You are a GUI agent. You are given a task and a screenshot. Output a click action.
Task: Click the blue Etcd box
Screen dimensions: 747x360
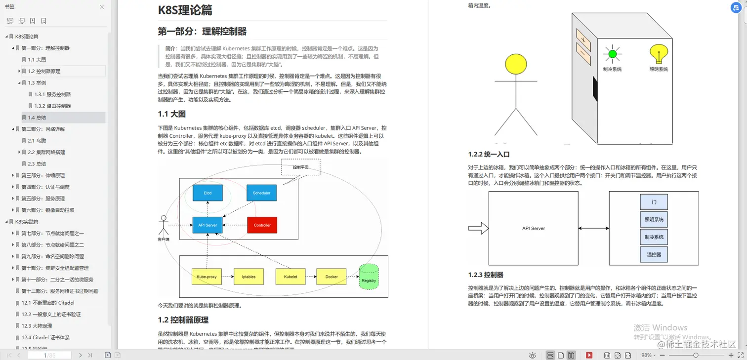207,193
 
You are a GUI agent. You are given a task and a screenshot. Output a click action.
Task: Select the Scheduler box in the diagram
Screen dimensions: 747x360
261,193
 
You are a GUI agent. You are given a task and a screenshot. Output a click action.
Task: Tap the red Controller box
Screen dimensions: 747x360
262,225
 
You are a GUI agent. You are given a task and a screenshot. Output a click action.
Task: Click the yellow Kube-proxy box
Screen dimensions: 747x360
207,277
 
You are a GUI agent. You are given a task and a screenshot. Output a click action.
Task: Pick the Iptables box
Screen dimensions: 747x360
249,277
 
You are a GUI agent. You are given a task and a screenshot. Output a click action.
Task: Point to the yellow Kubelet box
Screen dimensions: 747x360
290,277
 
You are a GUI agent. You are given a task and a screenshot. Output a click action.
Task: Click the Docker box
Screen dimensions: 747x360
332,277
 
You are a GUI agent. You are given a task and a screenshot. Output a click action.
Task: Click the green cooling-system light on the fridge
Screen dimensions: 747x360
613,53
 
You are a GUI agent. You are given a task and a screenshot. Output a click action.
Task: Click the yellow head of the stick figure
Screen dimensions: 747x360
516,64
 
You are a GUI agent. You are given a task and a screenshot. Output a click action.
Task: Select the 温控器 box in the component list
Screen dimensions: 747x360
654,254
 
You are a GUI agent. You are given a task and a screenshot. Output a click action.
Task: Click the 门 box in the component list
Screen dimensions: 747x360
654,202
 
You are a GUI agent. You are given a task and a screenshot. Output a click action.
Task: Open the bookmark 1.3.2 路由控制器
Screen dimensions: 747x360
52,106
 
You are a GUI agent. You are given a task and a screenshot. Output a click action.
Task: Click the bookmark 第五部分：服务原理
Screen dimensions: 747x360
43,199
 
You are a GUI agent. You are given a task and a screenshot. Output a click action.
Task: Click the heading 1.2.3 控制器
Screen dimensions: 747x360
486,275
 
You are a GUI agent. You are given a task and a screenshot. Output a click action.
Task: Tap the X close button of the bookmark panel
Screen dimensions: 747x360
102,7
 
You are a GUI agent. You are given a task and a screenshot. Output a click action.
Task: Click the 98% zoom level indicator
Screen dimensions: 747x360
647,355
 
